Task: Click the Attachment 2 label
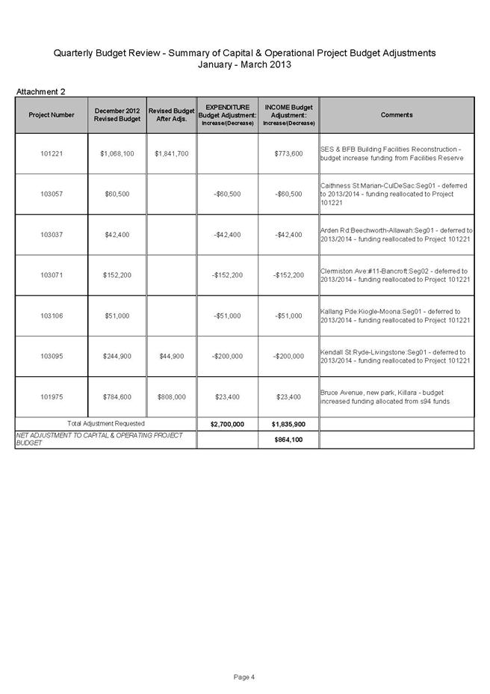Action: [x=41, y=92]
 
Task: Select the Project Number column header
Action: [x=52, y=115]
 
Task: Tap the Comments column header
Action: [x=396, y=115]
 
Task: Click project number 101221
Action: [x=52, y=154]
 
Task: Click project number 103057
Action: [x=52, y=194]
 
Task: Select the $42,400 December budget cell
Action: [x=117, y=235]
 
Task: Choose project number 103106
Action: [x=52, y=316]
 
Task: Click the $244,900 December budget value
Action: [x=117, y=356]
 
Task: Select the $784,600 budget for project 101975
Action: [x=117, y=396]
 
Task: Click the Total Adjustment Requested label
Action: [x=106, y=424]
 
